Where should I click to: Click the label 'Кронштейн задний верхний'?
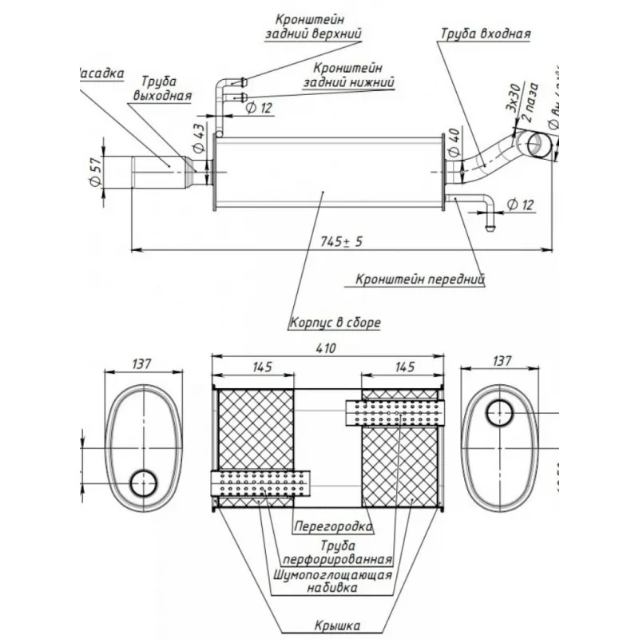point(313,26)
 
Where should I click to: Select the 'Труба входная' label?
point(486,34)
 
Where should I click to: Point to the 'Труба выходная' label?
point(161,89)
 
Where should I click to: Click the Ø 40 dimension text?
point(453,141)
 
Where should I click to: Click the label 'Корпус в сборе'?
point(335,323)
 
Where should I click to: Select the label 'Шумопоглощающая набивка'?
point(332,581)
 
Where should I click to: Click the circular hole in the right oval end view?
point(501,412)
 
